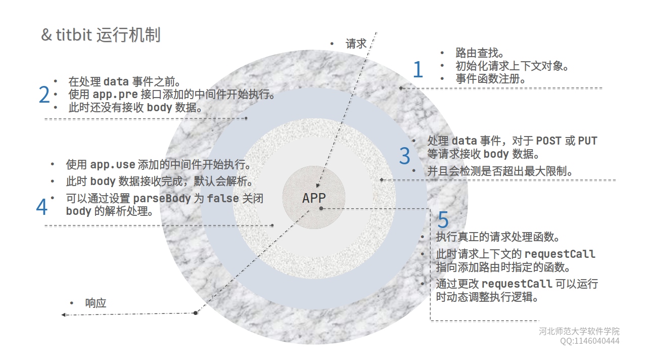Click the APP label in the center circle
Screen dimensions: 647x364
pos(314,198)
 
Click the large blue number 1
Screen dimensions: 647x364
pos(418,69)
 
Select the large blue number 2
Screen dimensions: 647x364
pos(44,95)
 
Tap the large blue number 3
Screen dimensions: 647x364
pos(404,156)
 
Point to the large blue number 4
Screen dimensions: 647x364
pos(42,206)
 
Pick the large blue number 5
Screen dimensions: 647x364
pos(443,220)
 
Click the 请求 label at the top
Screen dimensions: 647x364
pos(356,44)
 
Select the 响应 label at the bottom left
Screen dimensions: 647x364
pos(96,303)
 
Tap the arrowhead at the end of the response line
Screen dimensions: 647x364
pos(64,314)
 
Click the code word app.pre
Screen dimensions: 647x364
pos(115,95)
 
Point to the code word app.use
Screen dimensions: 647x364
pos(113,165)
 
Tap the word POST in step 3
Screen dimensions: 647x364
pos(548,141)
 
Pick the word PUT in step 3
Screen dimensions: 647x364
pos(588,141)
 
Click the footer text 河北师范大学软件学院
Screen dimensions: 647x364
pos(579,332)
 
